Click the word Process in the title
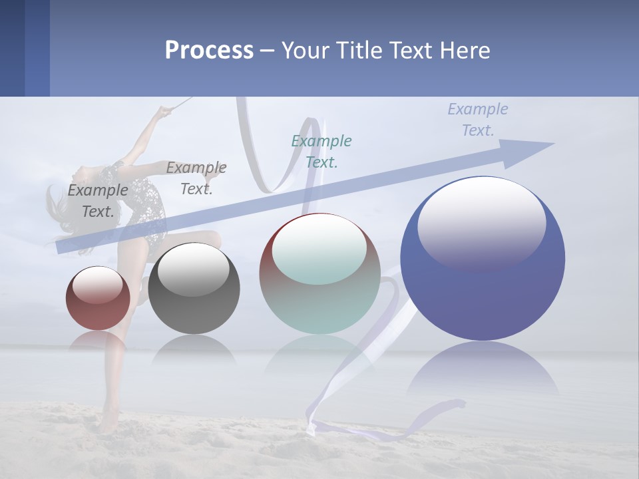tap(209, 50)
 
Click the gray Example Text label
tap(196, 178)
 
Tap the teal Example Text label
tap(321, 151)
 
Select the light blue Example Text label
tap(477, 119)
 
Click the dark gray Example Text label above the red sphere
tap(98, 200)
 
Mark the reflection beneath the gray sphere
tap(194, 349)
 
